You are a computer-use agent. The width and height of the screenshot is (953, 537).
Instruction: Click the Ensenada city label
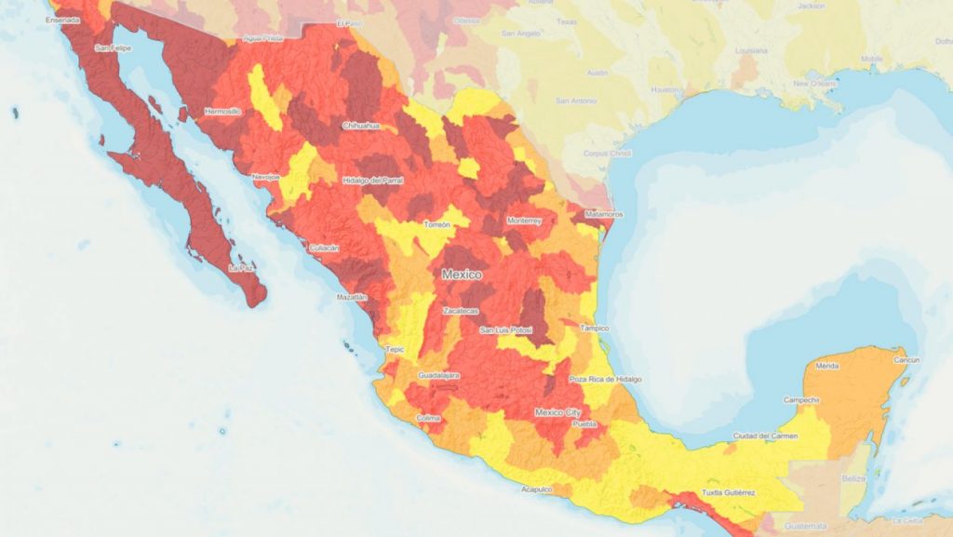point(36,19)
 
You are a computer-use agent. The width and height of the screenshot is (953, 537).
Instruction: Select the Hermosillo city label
point(221,111)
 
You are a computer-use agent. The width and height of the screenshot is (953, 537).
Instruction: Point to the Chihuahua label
point(362,125)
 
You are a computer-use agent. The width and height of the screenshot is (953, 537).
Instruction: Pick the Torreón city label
point(436,225)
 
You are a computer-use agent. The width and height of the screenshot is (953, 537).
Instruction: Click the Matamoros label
point(604,214)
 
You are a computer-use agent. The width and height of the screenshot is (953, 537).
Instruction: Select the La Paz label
point(242,268)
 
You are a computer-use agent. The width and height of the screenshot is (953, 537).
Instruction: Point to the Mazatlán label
point(352,297)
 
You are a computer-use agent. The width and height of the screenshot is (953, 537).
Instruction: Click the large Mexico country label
point(462,275)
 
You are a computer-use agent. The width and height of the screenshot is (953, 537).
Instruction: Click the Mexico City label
point(557,411)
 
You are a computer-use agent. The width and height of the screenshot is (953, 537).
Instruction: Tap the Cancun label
point(906,360)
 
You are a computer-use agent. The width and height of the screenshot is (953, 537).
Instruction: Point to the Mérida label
point(826,367)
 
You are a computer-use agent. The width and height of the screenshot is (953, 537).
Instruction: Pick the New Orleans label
point(814,84)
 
